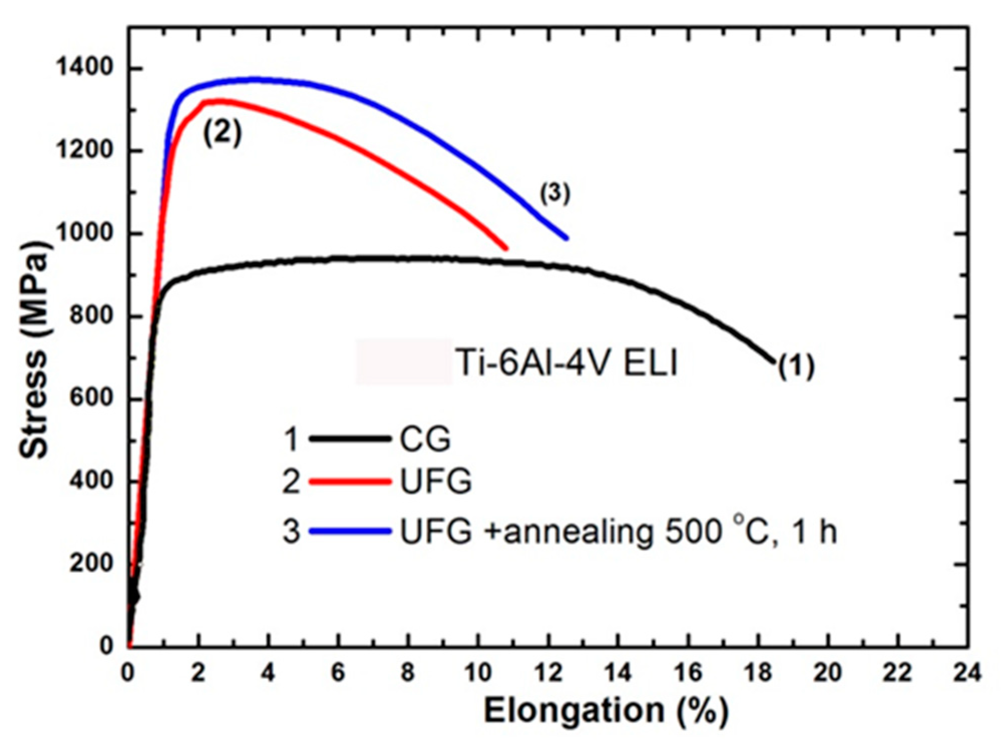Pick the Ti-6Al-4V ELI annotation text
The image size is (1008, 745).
click(566, 362)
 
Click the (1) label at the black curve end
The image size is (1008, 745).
click(797, 366)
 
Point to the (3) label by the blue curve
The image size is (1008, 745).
click(555, 193)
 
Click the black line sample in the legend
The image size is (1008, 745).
click(350, 439)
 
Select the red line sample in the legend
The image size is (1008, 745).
click(350, 481)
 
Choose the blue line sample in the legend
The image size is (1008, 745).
click(350, 531)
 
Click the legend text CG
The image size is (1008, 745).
click(425, 439)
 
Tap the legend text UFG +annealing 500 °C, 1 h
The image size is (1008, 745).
click(618, 531)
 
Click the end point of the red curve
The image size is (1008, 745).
click(507, 248)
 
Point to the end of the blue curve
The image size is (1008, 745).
click(567, 238)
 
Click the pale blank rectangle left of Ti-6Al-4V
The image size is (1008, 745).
click(404, 361)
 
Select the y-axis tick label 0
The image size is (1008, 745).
click(106, 645)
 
